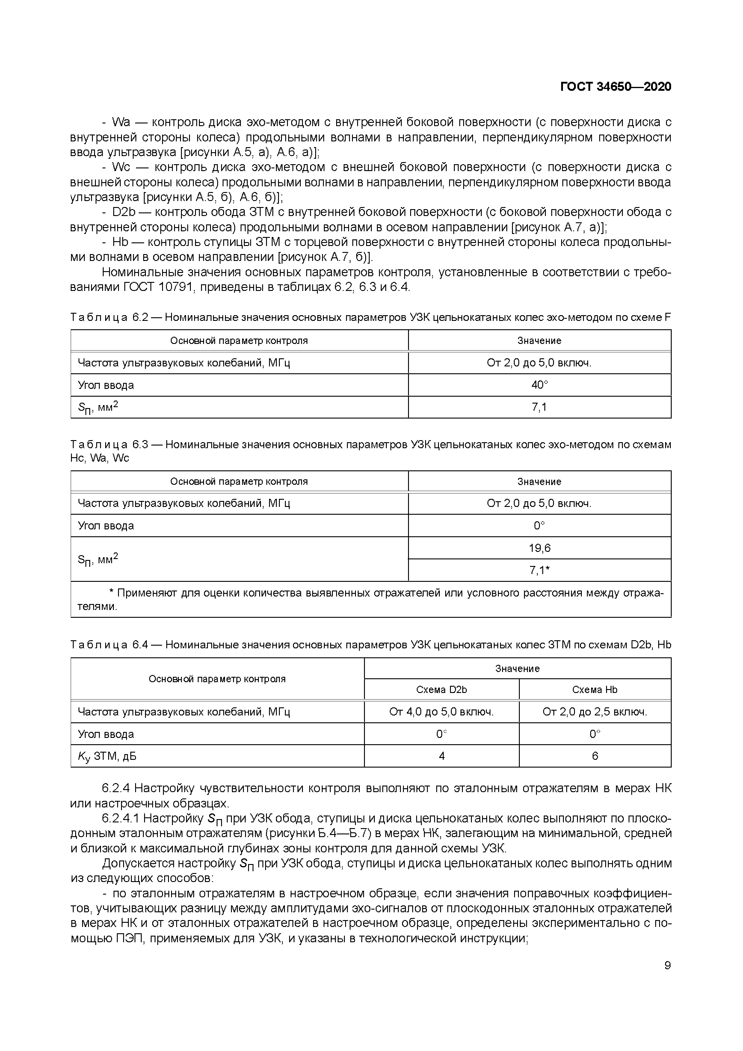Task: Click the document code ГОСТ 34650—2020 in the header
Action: tap(615, 87)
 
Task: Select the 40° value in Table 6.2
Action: tap(539, 385)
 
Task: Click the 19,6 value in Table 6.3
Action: tap(539, 548)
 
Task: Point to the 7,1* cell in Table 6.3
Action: tap(539, 570)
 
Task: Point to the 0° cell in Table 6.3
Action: tap(539, 525)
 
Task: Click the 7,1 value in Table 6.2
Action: tap(539, 407)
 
